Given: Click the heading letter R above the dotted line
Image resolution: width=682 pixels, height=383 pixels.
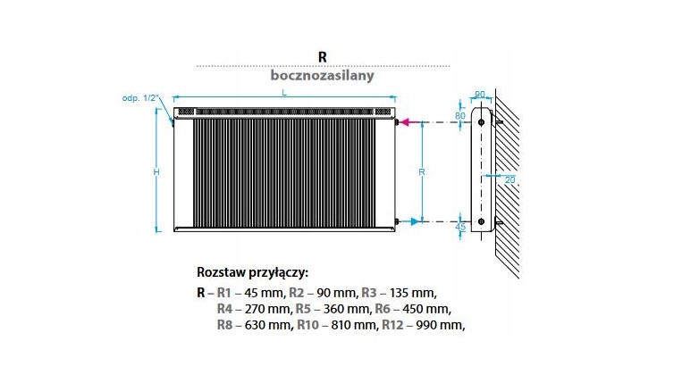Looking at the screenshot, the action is [322, 54].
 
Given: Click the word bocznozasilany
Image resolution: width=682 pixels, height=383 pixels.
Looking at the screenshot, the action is [322, 76].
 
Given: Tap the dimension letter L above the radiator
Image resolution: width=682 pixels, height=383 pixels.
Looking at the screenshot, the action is [283, 92].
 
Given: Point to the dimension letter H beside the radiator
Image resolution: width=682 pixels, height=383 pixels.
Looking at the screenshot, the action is [155, 171].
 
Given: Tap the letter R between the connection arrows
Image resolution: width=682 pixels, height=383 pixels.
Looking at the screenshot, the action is [421, 171].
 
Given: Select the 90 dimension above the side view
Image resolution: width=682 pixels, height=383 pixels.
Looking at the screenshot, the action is [479, 94].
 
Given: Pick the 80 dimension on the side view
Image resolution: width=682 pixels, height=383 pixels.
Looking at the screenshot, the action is [461, 116].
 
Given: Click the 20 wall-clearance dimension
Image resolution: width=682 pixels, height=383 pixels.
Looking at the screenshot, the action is [510, 179].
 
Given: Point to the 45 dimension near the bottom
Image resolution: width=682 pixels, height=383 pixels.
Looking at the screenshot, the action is [460, 227].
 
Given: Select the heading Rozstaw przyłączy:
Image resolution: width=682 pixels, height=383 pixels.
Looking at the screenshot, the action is [251, 272].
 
